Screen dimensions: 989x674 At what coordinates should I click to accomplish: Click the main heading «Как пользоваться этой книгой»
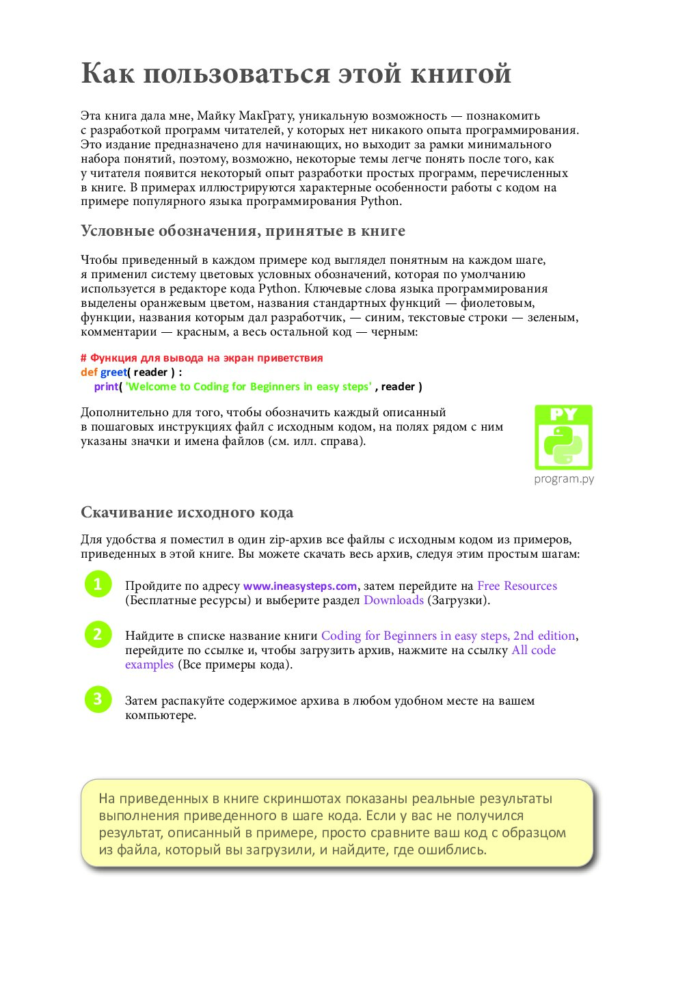click(x=296, y=74)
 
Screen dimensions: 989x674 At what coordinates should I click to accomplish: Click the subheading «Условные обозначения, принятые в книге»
click(x=243, y=231)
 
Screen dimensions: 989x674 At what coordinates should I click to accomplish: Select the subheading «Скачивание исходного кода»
click(x=187, y=513)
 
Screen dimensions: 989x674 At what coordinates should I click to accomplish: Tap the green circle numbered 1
click(x=98, y=584)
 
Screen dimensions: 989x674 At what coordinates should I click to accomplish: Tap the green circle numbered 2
click(x=98, y=634)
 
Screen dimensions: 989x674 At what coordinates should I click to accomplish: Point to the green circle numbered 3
click(x=98, y=699)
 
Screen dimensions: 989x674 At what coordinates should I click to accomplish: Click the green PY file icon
click(x=563, y=437)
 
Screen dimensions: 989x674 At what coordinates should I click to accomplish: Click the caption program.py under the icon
click(x=564, y=479)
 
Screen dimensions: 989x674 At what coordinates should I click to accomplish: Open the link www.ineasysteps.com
click(x=300, y=586)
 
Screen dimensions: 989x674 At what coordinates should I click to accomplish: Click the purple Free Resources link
click(x=517, y=586)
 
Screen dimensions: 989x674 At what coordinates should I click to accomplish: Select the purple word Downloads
click(x=393, y=600)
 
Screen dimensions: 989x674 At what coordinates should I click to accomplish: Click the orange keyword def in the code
click(x=89, y=372)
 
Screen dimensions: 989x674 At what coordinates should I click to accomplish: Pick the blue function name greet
click(x=113, y=372)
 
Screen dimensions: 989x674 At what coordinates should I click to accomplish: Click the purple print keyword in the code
click(x=106, y=387)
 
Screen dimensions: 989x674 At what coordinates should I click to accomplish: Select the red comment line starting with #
click(x=202, y=358)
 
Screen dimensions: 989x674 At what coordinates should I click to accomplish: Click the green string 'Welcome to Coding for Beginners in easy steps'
click(x=249, y=387)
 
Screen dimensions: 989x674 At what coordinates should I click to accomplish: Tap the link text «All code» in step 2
click(x=533, y=650)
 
